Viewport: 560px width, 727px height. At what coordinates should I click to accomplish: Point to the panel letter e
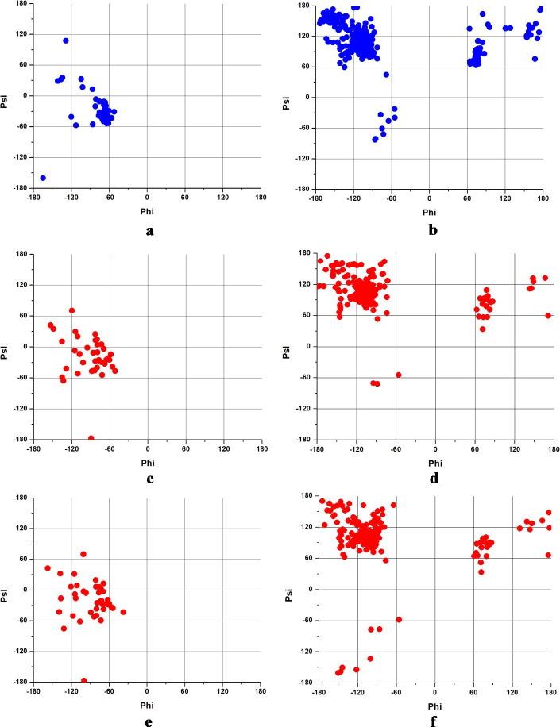click(148, 721)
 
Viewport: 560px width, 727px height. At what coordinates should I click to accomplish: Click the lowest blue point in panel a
click(43, 178)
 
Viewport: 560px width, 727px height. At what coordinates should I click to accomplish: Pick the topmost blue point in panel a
click(66, 40)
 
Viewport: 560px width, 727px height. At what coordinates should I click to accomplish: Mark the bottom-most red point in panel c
click(91, 438)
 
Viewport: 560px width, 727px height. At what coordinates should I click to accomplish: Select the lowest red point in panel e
click(84, 680)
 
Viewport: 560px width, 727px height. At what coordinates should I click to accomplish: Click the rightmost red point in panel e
click(123, 612)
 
